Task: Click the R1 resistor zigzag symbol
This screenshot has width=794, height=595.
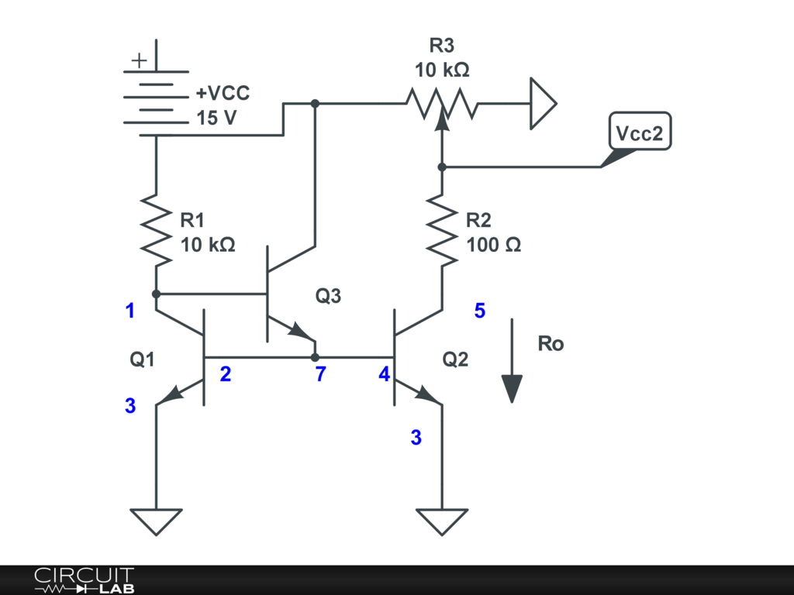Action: click(156, 230)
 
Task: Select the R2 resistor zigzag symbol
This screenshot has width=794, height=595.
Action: click(442, 230)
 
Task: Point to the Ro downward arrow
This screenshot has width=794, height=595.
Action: click(512, 360)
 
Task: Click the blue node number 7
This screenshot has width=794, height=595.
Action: click(320, 375)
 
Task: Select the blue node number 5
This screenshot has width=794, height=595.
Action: click(480, 311)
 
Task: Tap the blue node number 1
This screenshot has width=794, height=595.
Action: click(130, 311)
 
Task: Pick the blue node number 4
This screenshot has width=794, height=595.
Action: click(384, 375)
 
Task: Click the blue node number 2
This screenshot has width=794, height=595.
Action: click(225, 375)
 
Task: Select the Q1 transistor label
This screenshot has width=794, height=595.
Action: click(143, 359)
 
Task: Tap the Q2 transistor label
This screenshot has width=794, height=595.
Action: click(455, 359)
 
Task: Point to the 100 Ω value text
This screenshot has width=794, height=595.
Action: click(494, 245)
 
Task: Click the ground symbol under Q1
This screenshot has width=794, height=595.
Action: click(156, 521)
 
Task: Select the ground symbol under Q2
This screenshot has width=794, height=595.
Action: click(442, 521)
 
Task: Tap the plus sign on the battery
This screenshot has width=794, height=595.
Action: click(138, 60)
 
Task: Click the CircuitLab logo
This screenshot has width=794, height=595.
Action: click(84, 580)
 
